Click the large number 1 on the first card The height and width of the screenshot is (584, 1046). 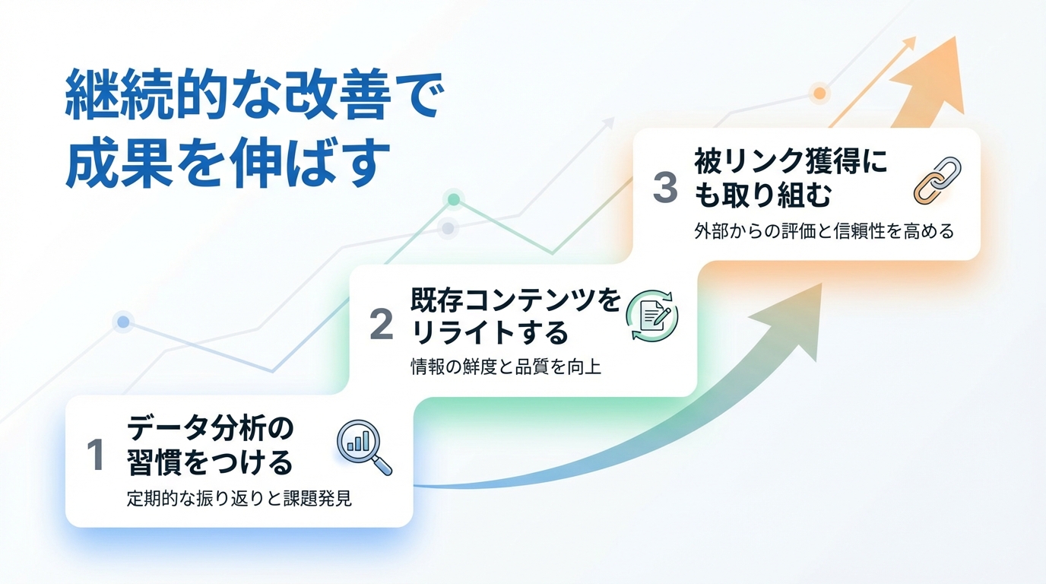coord(96,455)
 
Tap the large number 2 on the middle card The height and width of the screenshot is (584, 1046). coord(381,325)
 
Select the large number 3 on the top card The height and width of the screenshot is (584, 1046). coord(665,188)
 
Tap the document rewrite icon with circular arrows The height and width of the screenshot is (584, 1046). coord(651,315)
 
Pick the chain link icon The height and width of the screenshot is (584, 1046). coord(937,179)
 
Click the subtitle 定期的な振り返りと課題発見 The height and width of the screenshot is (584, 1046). coord(239,500)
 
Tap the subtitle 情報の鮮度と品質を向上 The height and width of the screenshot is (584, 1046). coord(506,367)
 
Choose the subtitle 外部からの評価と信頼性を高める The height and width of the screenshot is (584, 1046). coord(823,231)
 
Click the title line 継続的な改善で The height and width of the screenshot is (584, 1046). coord(252,97)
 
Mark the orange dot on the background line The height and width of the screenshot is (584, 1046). coord(819,94)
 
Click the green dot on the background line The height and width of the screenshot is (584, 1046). coord(453,199)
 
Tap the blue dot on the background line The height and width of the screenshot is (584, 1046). coord(122,322)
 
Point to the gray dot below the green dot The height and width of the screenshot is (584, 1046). coord(448,227)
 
